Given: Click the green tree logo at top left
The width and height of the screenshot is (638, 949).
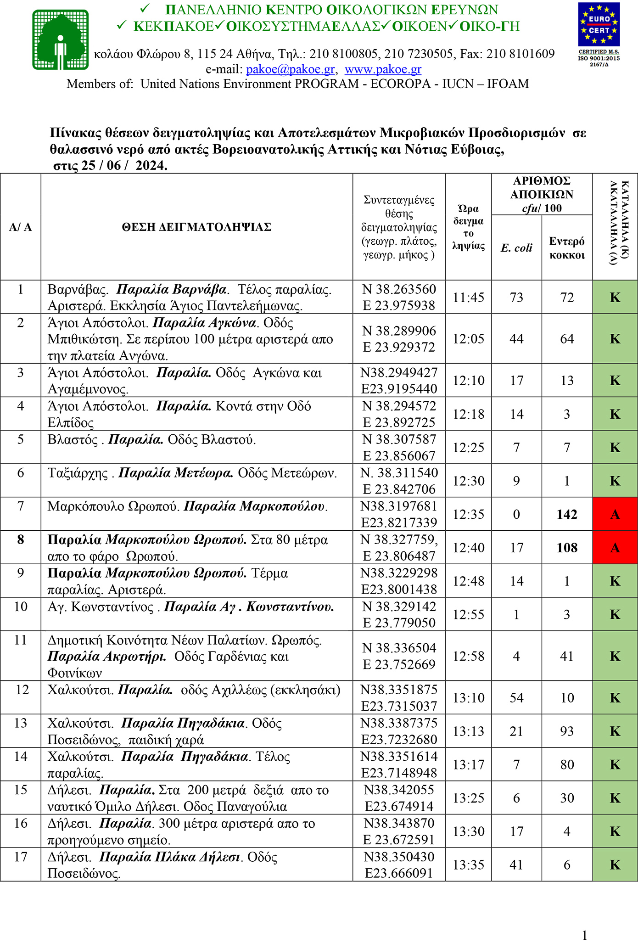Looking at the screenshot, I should [60, 39].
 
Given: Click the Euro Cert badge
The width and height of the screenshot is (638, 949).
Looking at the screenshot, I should [599, 25].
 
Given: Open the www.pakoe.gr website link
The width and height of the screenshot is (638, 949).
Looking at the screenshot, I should [383, 69].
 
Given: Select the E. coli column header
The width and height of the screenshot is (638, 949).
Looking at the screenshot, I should [516, 248].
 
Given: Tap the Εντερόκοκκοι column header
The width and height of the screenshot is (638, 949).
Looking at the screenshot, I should [567, 248].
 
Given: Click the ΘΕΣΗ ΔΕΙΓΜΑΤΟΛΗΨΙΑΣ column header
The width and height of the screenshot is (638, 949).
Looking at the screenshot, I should [196, 227].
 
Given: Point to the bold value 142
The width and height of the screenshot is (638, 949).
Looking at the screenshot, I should [567, 514].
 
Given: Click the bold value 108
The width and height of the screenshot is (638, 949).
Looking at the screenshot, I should [567, 548].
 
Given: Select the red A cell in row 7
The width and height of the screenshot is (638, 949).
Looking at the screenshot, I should [615, 514].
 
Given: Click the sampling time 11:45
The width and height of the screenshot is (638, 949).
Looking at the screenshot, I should [468, 298].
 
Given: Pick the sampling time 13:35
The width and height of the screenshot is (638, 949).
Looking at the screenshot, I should [468, 865].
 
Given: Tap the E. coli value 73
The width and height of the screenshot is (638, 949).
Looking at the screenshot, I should [516, 298].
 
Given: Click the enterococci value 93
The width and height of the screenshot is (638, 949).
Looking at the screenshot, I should [567, 731].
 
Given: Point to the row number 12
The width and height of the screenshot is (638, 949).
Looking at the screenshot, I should [21, 690].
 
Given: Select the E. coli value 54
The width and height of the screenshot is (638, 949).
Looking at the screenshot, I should [516, 698].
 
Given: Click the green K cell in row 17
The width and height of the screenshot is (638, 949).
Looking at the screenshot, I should [615, 865].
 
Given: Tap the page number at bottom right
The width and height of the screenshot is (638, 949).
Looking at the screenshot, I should [584, 935].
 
